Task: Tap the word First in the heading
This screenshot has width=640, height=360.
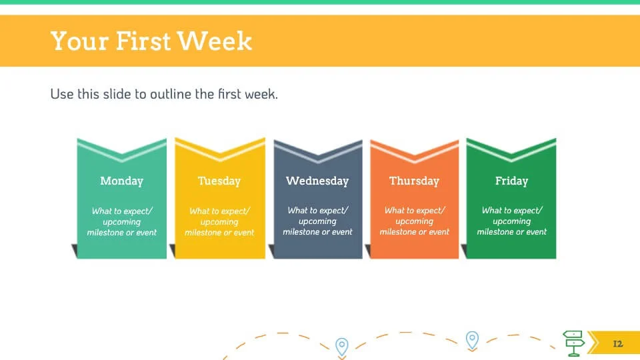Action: point(143,41)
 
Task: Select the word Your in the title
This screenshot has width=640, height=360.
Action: point(80,41)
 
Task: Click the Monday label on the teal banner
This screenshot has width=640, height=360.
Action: point(121,181)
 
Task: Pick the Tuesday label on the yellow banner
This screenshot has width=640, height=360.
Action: point(219,181)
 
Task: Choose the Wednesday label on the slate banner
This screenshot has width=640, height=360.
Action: point(317,181)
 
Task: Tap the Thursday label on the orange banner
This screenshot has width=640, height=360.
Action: point(414,181)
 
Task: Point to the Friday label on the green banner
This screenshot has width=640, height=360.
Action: point(511,181)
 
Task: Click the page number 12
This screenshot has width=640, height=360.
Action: point(618,344)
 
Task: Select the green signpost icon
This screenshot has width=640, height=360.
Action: point(574,343)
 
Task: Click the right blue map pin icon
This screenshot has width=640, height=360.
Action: point(472,341)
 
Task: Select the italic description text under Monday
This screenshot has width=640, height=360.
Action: point(121,221)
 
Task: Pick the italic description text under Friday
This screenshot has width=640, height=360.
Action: point(511,221)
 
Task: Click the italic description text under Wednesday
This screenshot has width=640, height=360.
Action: point(317,221)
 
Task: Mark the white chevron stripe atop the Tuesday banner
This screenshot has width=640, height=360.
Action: point(220,152)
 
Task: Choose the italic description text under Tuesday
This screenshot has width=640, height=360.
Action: point(219,221)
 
